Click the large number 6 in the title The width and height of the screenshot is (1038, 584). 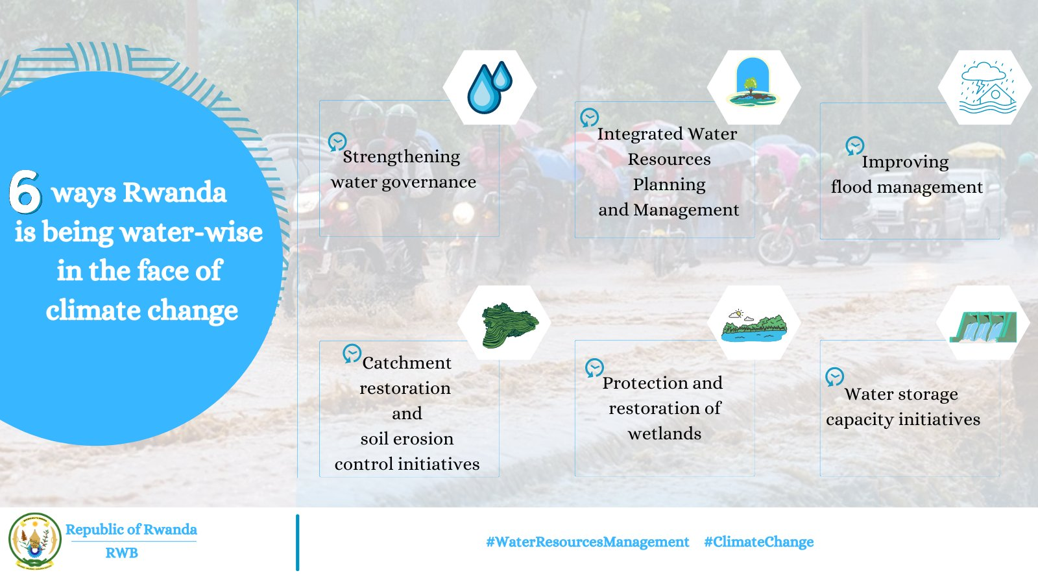coord(25,191)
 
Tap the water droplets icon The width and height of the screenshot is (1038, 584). coord(489,88)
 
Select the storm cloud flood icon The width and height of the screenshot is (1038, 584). coord(987,88)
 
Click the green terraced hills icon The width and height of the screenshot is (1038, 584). coord(509,324)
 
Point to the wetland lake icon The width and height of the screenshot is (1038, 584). coord(754,325)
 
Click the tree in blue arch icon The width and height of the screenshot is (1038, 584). coord(753,83)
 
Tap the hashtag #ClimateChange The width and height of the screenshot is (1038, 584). coord(758,542)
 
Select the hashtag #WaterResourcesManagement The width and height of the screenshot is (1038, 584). coord(587,542)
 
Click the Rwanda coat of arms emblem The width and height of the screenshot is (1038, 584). coord(34,541)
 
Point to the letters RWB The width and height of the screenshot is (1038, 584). coord(121,553)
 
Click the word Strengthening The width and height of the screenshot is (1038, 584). coord(401,157)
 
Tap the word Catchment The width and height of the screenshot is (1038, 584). coord(407,363)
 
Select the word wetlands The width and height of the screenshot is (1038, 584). coord(664,433)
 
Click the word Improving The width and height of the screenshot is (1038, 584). coord(905,162)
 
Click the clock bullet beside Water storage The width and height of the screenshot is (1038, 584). coord(834,377)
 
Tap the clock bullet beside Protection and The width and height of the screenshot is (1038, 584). coord(594,368)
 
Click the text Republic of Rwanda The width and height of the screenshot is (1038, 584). coord(131,529)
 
